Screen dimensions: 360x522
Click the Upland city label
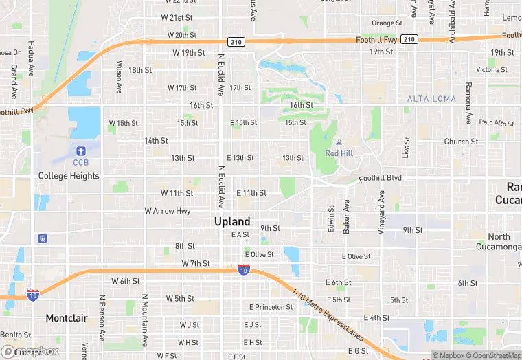pyautogui.click(x=232, y=221)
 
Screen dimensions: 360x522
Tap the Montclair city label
pyautogui.click(x=67, y=318)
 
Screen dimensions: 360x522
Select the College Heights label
pyautogui.click(x=69, y=176)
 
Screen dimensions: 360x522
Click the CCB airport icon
pyautogui.click(x=81, y=150)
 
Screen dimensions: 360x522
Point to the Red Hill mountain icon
pyautogui.click(x=339, y=142)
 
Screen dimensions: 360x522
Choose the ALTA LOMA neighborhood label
pyautogui.click(x=431, y=99)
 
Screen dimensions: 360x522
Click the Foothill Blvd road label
pyautogui.click(x=380, y=179)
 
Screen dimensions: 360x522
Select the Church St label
pyautogui.click(x=461, y=142)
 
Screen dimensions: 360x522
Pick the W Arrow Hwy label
pyautogui.click(x=168, y=211)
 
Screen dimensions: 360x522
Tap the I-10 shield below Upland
pyautogui.click(x=243, y=271)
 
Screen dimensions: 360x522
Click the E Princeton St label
pyautogui.click(x=271, y=307)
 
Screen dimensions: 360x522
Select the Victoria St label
pyautogui.click(x=492, y=70)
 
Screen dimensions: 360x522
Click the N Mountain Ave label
pyautogui.click(x=145, y=320)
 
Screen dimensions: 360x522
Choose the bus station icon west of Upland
pyautogui.click(x=43, y=238)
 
